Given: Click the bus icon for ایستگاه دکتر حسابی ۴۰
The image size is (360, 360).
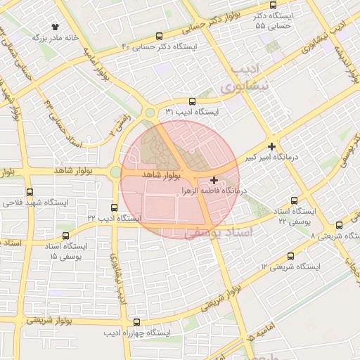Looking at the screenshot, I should (x=160, y=35).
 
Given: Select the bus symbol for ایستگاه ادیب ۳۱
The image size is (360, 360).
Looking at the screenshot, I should (x=192, y=101).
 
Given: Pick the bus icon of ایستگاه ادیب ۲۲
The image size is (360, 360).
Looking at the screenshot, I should (x=115, y=207).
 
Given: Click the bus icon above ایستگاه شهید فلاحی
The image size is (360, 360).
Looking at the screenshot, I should (x=30, y=191).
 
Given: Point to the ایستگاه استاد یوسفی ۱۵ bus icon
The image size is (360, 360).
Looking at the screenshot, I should (x=66, y=236).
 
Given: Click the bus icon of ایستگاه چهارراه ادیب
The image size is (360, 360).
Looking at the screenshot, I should (x=133, y=321).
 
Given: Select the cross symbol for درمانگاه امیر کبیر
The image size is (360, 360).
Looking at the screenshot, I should (x=272, y=146).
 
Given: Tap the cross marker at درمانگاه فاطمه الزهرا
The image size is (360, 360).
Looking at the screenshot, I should (x=214, y=181).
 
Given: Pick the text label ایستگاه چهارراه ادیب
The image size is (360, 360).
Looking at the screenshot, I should (x=138, y=332).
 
